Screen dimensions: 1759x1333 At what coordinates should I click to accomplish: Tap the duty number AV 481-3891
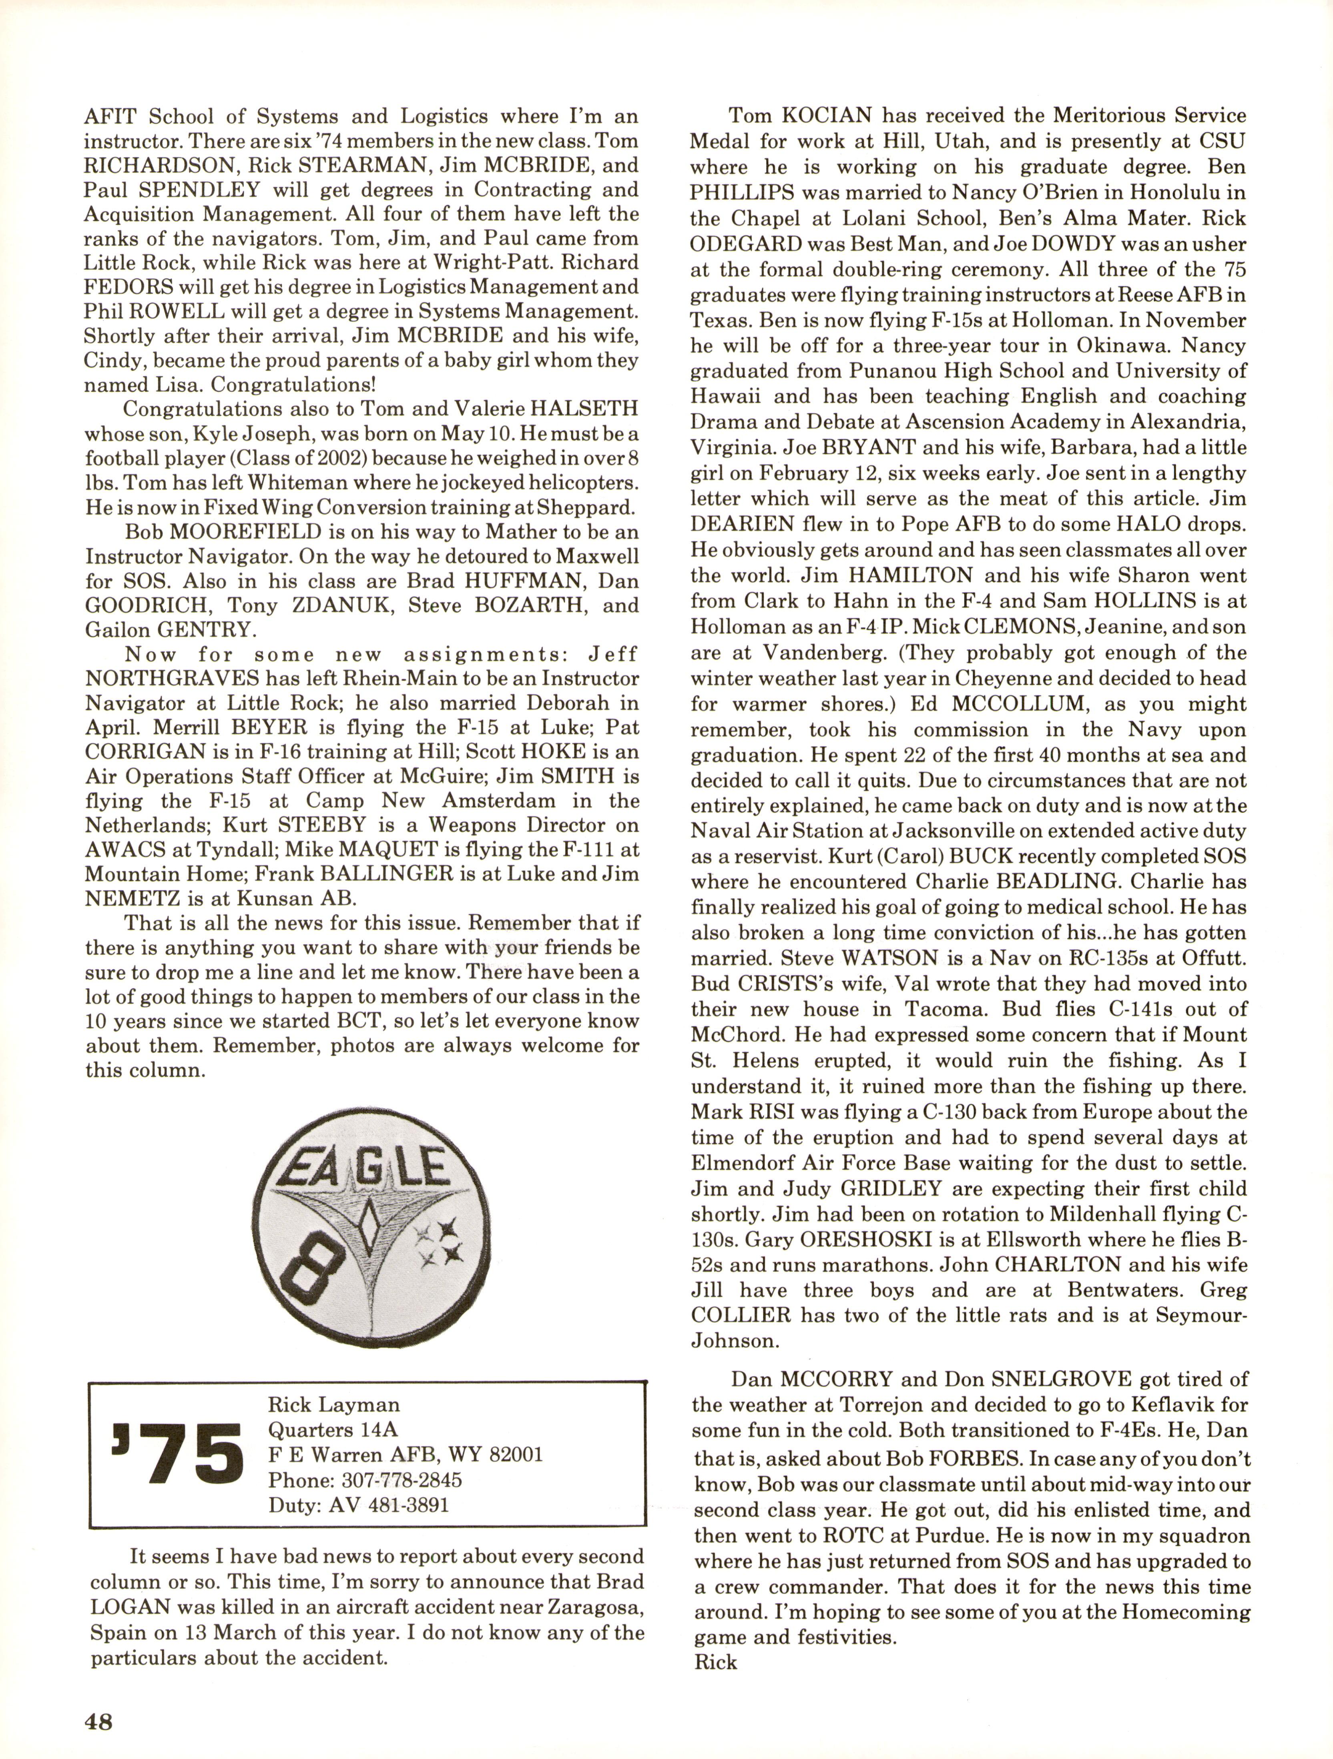(x=389, y=1505)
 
